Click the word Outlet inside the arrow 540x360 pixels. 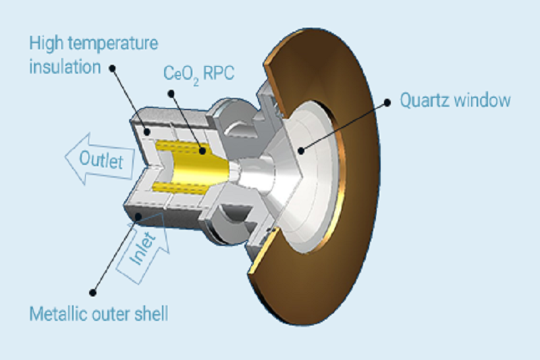101,160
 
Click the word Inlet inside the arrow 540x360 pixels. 142,248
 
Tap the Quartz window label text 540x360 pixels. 455,100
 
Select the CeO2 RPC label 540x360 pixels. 198,74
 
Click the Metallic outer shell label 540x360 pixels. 99,314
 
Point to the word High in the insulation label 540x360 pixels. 46,43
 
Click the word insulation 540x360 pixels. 65,66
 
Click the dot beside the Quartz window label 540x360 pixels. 387,102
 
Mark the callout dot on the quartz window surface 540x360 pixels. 301,151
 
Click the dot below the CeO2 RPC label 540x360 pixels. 171,93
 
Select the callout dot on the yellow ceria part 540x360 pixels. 202,151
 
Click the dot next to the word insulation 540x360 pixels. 112,68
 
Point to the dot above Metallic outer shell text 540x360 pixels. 92,293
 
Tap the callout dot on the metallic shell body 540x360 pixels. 138,216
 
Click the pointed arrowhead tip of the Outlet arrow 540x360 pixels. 65,157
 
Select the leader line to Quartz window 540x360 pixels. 344,126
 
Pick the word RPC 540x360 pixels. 219,73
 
